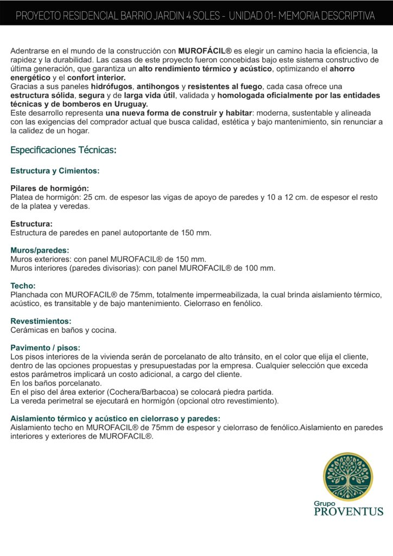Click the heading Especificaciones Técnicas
[64, 150]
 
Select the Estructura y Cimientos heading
[55, 170]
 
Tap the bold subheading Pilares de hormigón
[50, 188]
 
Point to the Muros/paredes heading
[40, 250]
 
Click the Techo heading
[23, 286]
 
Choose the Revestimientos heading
[41, 321]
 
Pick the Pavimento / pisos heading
[46, 347]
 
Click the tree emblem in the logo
[348, 477]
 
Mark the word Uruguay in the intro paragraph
[130, 104]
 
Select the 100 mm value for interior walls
[261, 268]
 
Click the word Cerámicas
[29, 330]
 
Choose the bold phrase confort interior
[96, 78]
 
